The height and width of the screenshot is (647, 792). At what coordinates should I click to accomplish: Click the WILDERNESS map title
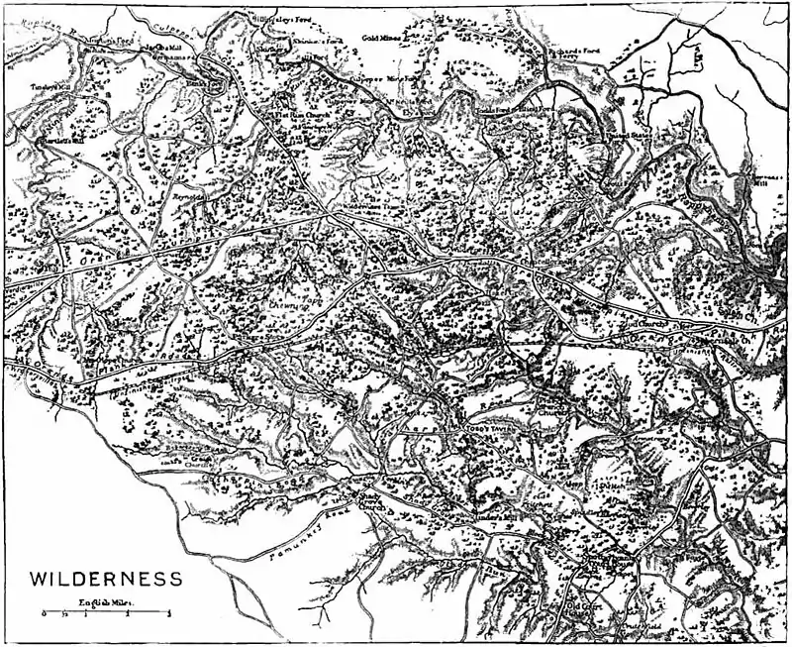coord(104,579)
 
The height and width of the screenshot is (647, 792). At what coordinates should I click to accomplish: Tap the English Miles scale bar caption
coord(107,602)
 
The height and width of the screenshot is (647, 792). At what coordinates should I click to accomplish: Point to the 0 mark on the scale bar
coord(44,616)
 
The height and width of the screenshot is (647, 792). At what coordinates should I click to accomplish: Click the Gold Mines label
coord(381,38)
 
